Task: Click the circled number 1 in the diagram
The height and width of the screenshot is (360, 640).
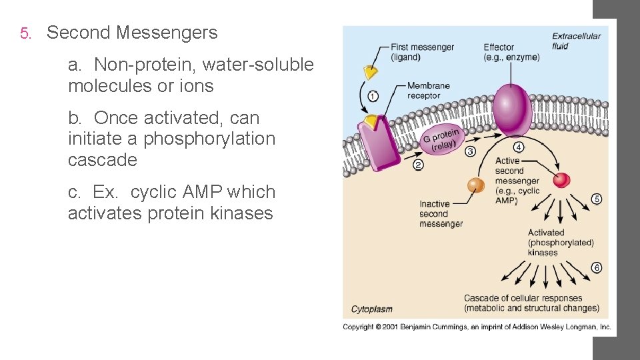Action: coord(373,96)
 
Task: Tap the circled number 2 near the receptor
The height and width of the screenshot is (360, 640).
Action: coord(418,165)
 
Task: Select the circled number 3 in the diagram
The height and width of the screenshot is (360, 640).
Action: coord(470,151)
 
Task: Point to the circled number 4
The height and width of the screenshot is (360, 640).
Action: coord(519,147)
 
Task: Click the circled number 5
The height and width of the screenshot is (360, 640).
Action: coord(597,199)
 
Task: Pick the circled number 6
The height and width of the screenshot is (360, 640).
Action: coord(597,268)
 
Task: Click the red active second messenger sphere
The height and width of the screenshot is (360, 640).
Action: coord(562,179)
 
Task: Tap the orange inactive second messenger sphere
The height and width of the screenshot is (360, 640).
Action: coord(475,185)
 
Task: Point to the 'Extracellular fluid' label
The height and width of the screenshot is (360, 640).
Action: coord(576,41)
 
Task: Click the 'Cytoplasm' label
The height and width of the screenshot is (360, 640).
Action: coord(372,309)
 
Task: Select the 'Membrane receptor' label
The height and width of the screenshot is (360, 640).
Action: coord(428,91)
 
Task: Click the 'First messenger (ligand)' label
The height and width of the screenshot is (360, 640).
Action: coord(422,52)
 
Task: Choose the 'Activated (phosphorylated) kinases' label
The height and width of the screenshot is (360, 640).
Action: coord(560,243)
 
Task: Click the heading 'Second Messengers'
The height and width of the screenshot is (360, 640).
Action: coord(132,33)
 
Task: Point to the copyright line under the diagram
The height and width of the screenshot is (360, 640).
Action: coord(477,327)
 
